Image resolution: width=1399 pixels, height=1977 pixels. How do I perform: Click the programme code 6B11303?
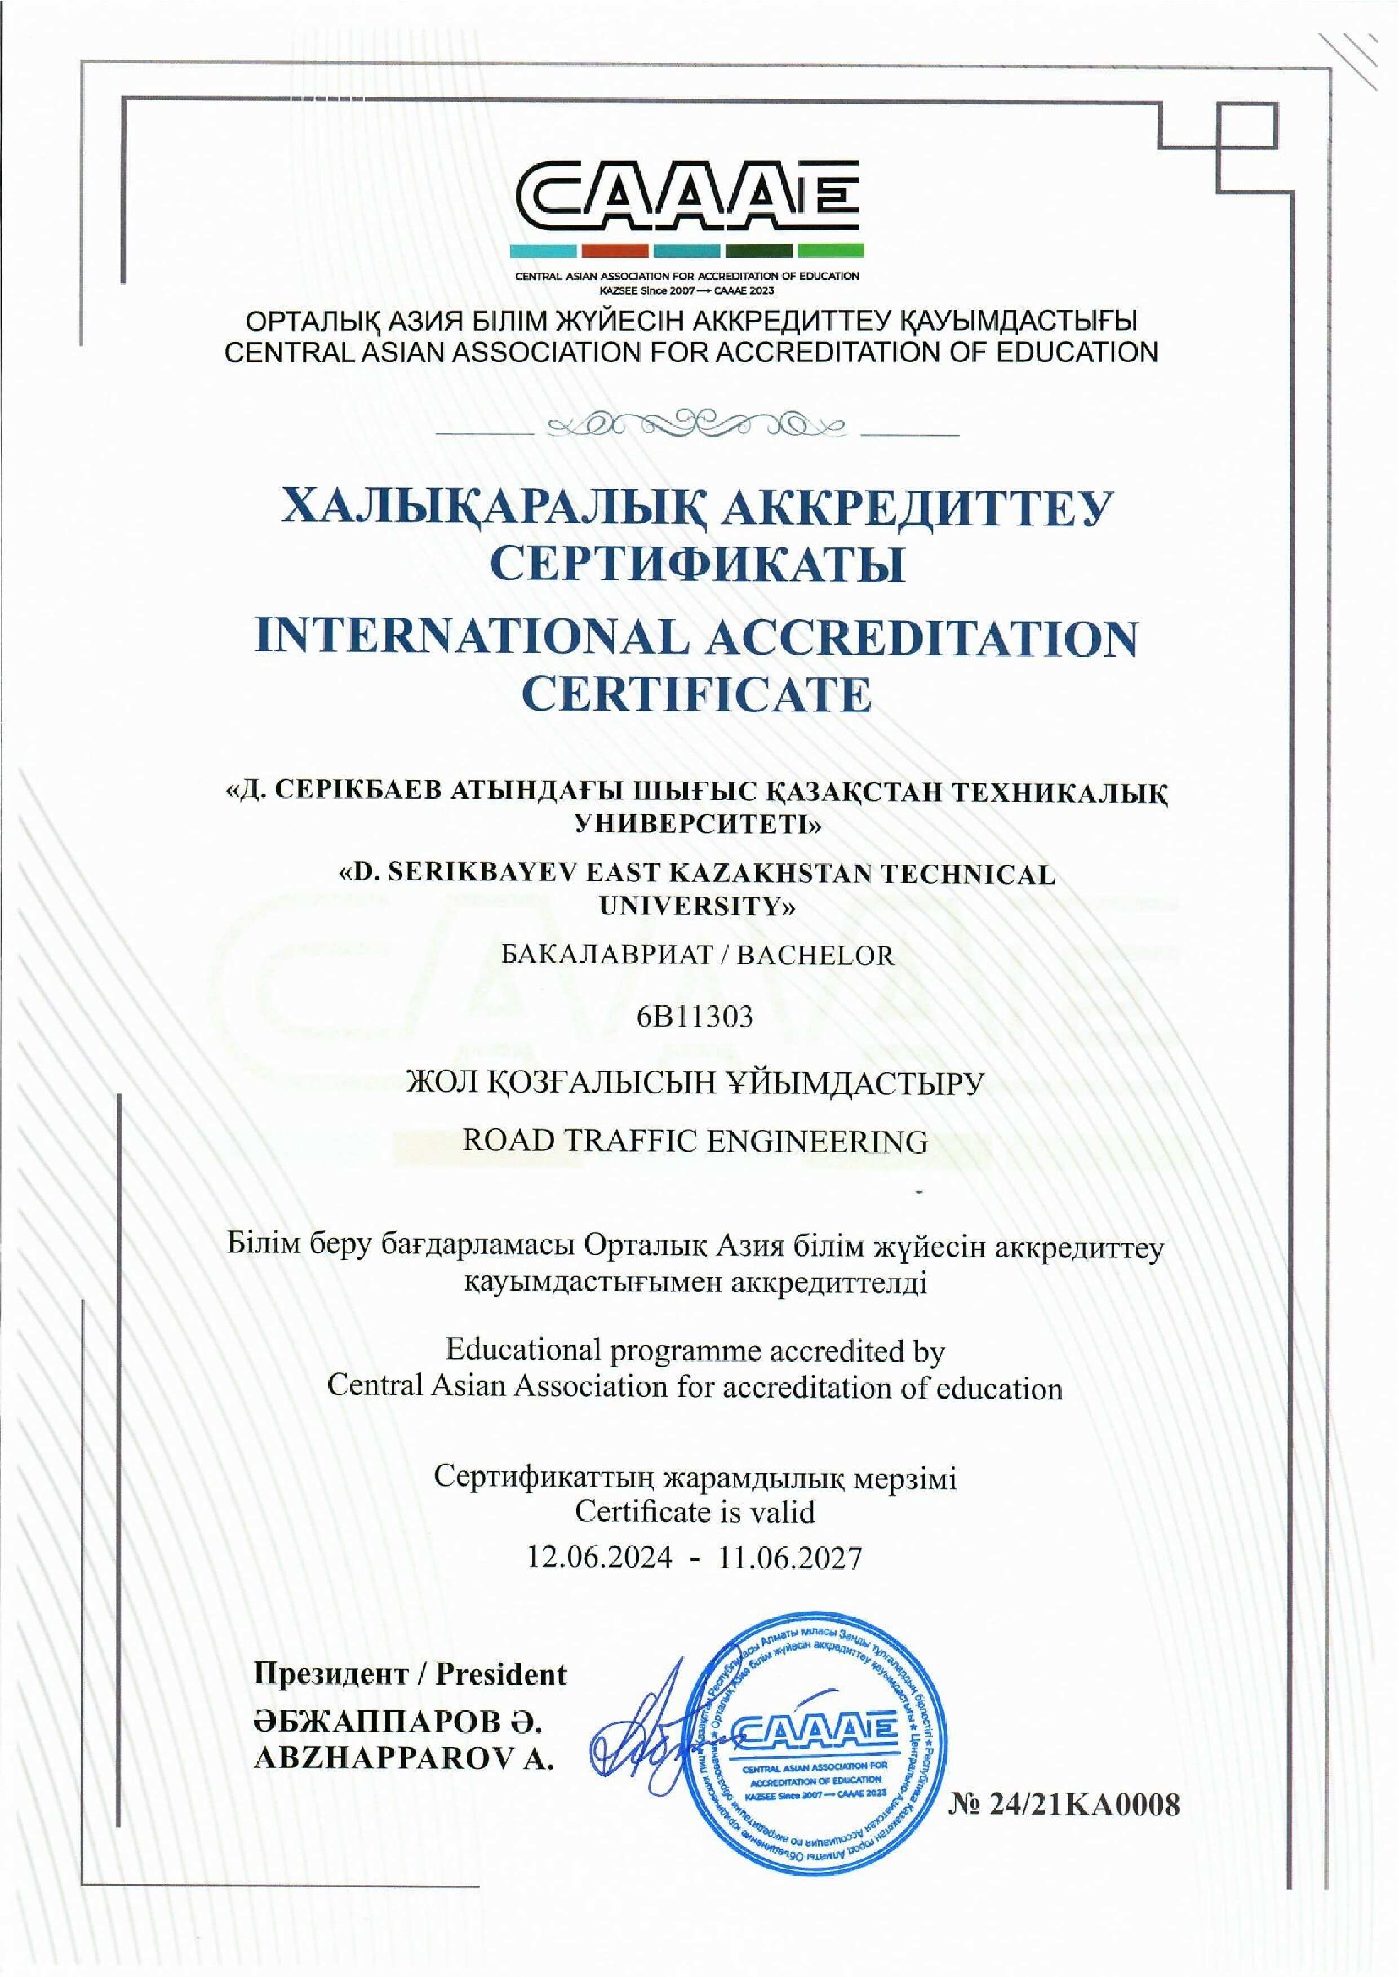[695, 1017]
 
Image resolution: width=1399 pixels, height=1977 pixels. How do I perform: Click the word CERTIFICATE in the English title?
[696, 695]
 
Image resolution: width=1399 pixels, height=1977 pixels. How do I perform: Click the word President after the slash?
[501, 1674]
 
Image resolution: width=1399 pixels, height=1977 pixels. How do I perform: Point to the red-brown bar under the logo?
[615, 251]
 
